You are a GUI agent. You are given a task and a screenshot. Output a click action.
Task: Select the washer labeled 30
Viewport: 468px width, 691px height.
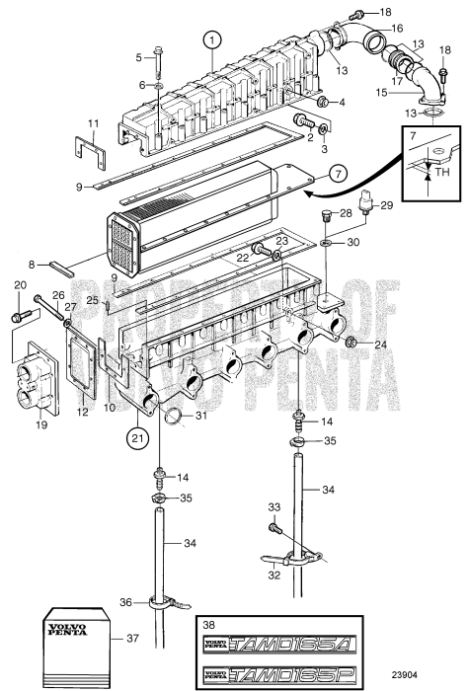(325, 240)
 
